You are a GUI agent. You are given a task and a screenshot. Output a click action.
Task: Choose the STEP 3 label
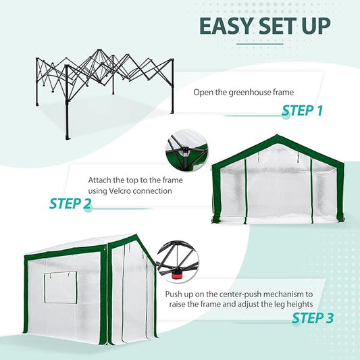pyautogui.click(x=310, y=317)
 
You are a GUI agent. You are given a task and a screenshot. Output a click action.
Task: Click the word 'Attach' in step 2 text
pyautogui.click(x=100, y=181)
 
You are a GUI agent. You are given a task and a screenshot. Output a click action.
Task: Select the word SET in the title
pyautogui.click(x=270, y=26)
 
